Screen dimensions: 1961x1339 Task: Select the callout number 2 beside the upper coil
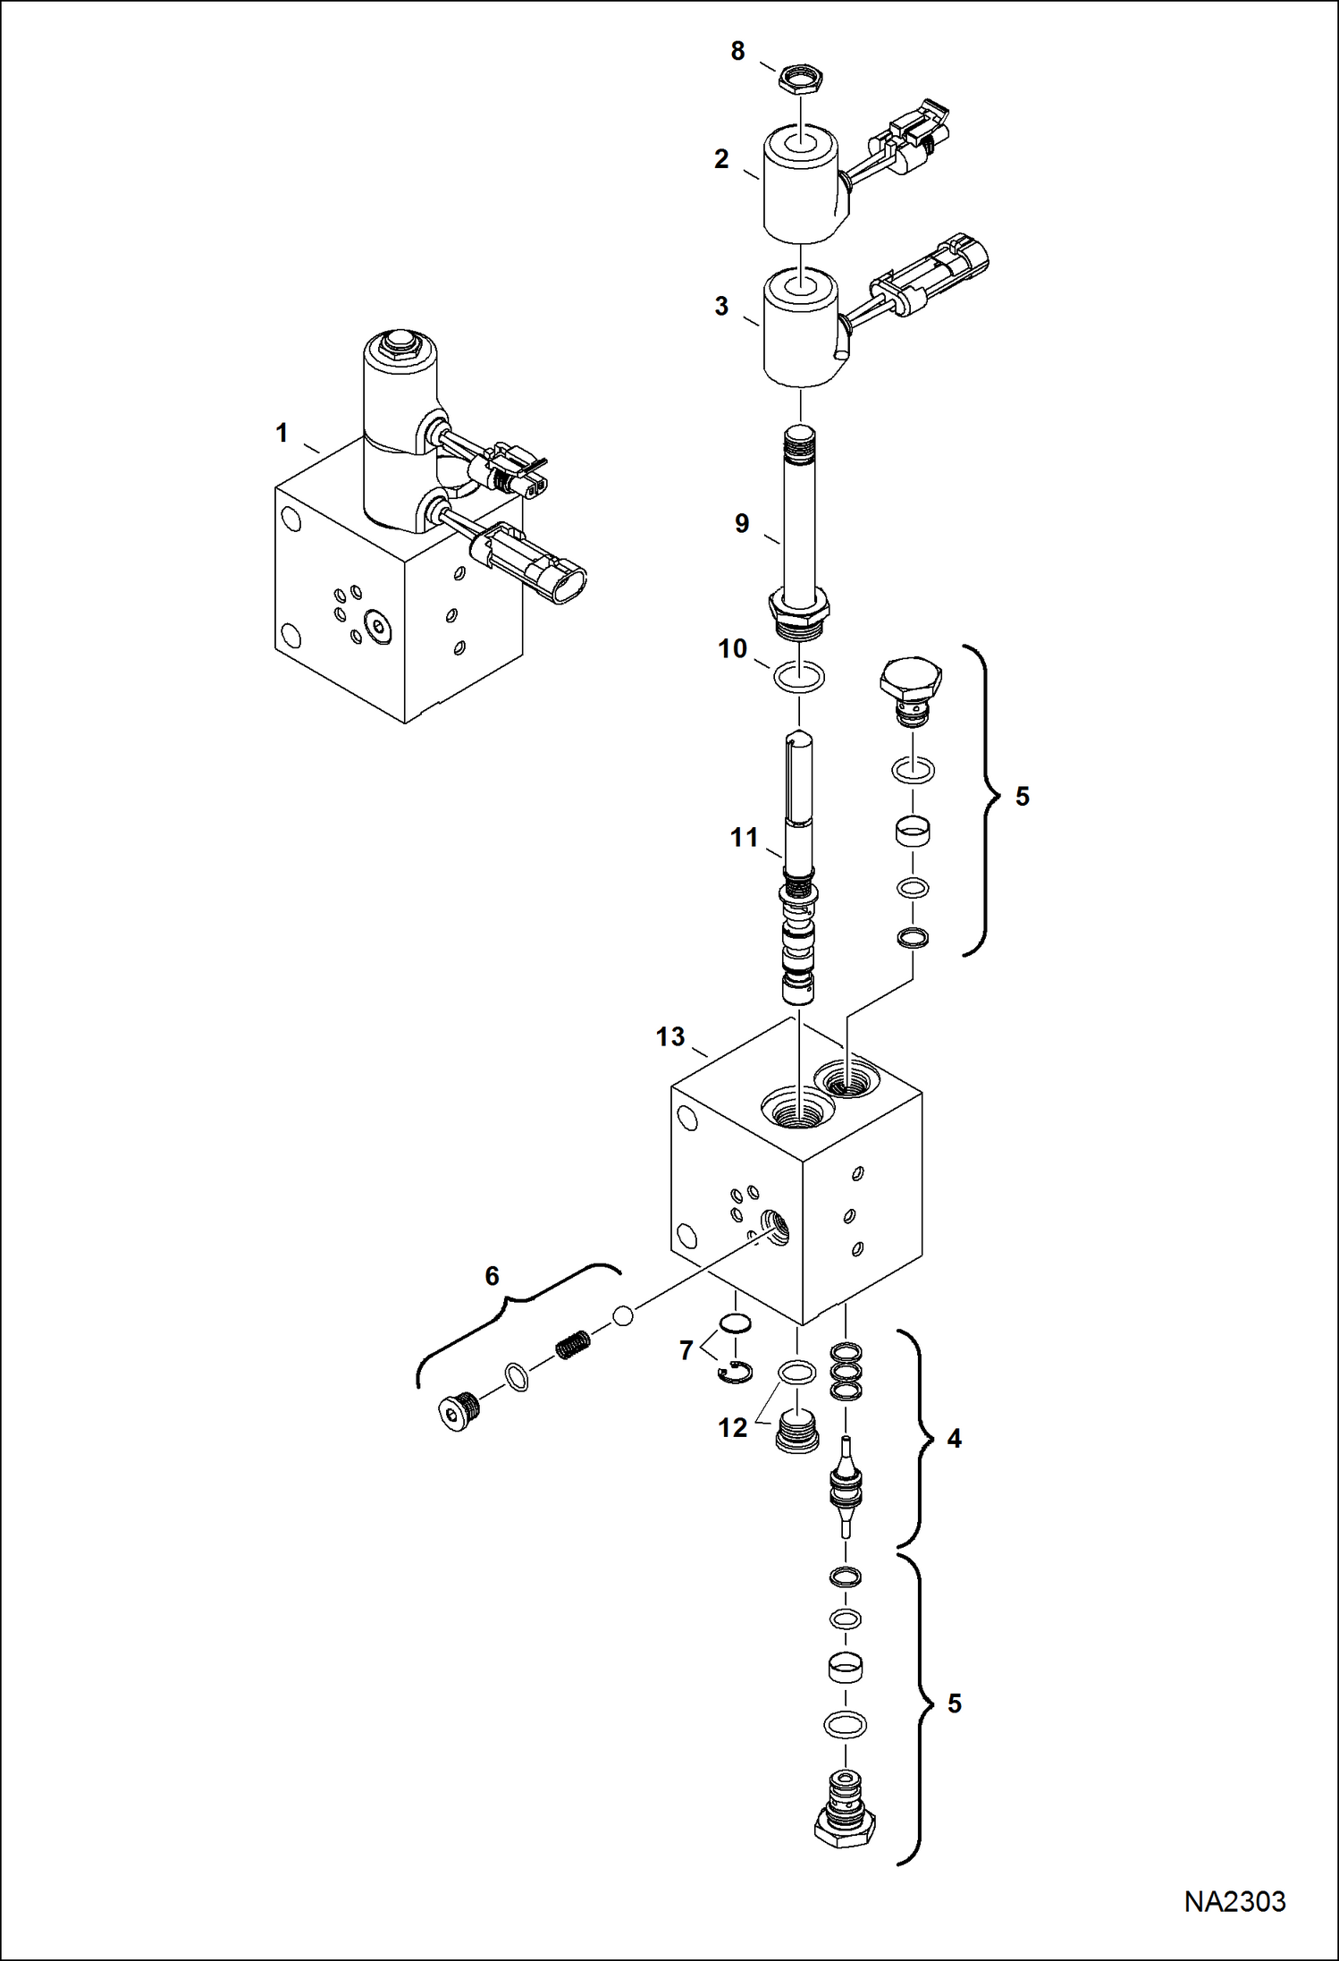pyautogui.click(x=721, y=159)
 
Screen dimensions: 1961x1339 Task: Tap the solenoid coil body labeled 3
pyautogui.click(x=800, y=333)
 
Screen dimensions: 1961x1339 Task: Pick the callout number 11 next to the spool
pyautogui.click(x=744, y=837)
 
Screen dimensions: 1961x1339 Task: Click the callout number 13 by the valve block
pyautogui.click(x=669, y=1036)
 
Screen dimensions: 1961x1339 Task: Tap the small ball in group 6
pyautogui.click(x=623, y=1314)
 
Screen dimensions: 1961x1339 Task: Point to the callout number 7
pyautogui.click(x=686, y=1350)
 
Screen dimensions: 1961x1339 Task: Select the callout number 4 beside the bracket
pyautogui.click(x=954, y=1439)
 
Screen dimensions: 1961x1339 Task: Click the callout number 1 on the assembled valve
pyautogui.click(x=282, y=433)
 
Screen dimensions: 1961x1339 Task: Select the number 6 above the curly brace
pyautogui.click(x=492, y=1276)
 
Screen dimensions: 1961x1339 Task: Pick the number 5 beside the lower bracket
pyautogui.click(x=954, y=1703)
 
